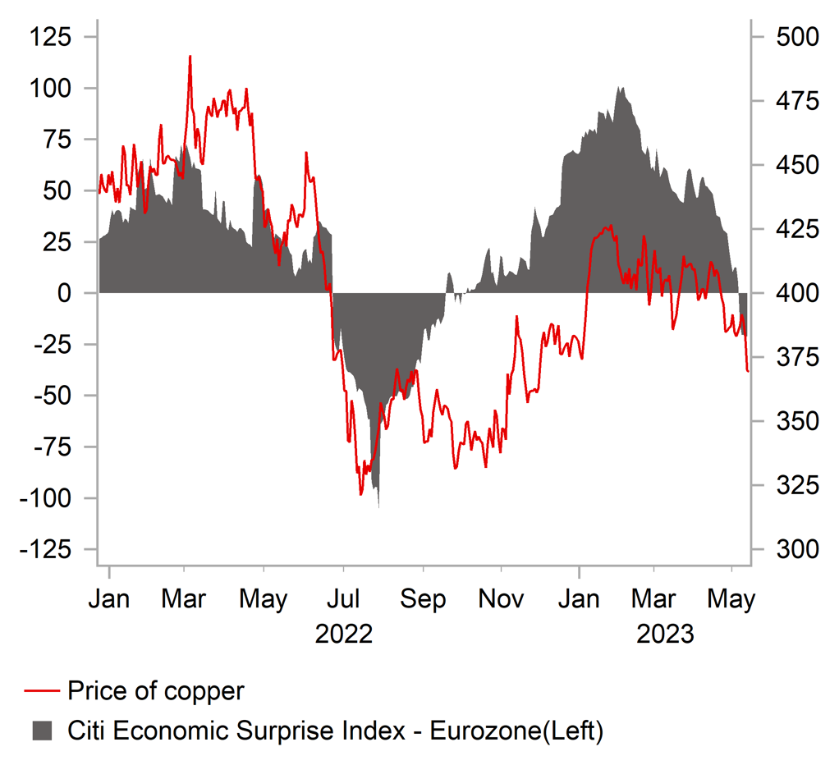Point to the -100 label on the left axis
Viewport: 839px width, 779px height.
48,498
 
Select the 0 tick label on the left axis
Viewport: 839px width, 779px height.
63,293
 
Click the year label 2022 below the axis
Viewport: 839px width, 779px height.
344,634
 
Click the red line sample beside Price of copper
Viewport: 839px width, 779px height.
40,691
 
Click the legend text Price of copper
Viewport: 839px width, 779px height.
156,691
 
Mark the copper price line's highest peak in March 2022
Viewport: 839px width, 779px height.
190,57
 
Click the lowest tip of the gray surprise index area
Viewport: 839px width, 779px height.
378,506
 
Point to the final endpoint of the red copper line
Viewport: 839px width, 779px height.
748,371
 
